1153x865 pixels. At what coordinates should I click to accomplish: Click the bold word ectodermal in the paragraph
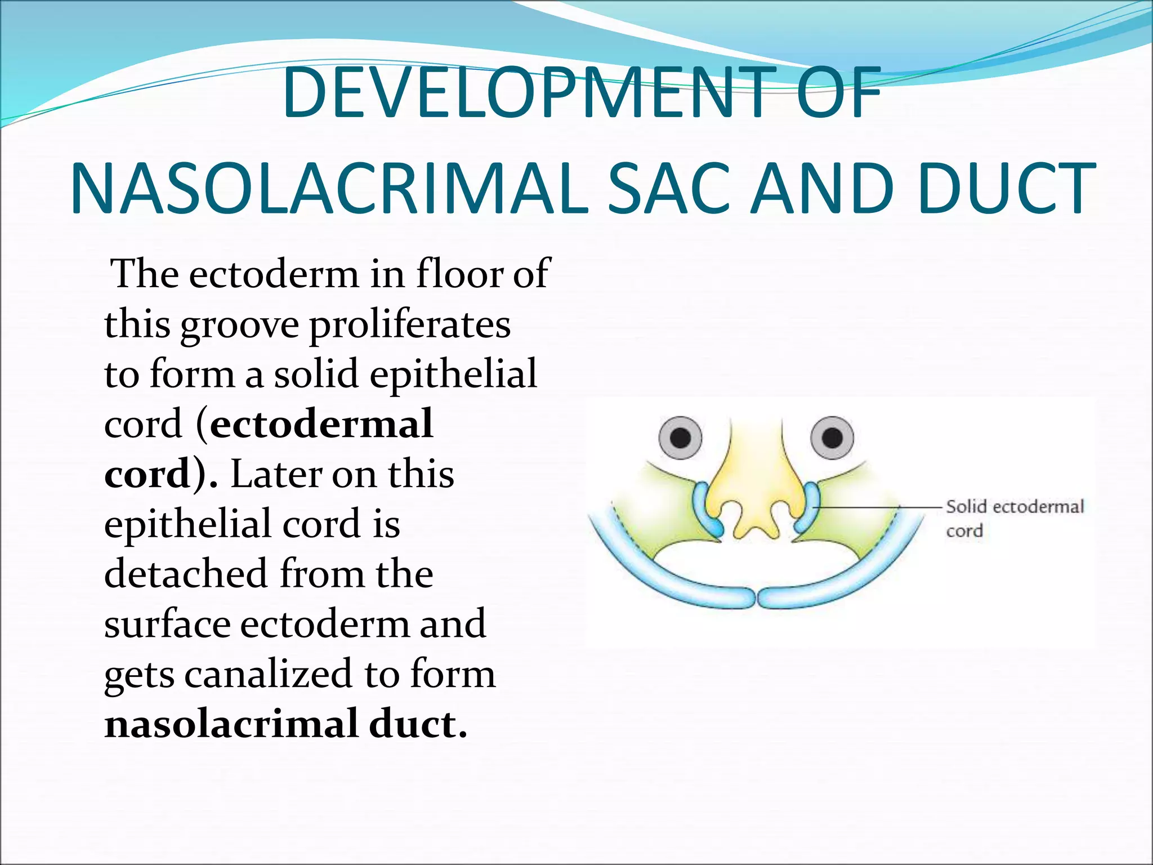click(x=321, y=423)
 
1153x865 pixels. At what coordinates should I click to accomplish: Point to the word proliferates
click(x=410, y=325)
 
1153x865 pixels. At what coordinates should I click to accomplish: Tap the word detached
click(x=186, y=574)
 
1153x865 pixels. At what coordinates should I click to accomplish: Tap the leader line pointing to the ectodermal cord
click(x=878, y=507)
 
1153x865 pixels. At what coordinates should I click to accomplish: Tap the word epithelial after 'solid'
click(x=453, y=375)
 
